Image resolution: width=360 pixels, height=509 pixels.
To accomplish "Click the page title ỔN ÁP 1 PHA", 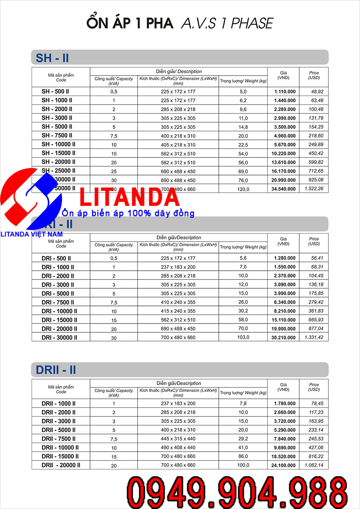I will (130, 23).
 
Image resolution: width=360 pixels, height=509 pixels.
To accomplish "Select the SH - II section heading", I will (52, 58).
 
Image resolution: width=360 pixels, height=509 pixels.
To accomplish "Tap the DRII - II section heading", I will (56, 370).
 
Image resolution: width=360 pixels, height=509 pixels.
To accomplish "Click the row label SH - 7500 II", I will (57, 136).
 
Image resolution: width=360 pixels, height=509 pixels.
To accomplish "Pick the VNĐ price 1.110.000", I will (285, 92).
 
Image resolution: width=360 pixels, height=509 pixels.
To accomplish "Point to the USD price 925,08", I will (314, 180).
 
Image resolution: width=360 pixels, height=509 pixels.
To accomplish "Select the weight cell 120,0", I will (243, 189).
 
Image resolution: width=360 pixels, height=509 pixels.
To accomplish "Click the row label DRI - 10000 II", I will (59, 311).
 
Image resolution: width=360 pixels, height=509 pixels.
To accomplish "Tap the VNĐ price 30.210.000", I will (283, 338).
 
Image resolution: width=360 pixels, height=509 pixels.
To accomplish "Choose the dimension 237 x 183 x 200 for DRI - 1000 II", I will (178, 267).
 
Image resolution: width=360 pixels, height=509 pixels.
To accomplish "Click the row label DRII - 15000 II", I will (60, 456).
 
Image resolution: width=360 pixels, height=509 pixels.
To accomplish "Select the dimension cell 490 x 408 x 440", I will (178, 448).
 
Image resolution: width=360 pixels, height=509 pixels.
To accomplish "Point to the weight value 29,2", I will (243, 439).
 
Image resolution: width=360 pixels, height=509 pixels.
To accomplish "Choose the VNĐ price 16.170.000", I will (283, 171).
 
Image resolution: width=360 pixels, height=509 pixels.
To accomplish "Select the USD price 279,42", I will (314, 302).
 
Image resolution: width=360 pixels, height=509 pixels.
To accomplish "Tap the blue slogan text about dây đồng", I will (128, 213).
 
